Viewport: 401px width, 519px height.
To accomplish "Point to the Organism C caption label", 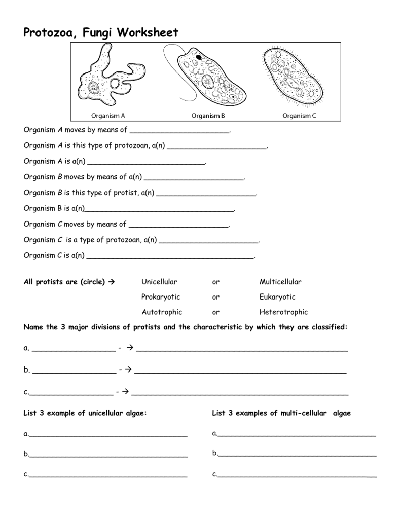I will (x=299, y=116).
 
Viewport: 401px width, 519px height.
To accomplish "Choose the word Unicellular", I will (x=159, y=282).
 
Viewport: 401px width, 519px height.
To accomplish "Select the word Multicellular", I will (x=280, y=282).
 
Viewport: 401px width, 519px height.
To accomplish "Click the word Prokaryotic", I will (x=161, y=297).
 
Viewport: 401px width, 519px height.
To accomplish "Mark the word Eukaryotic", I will (x=277, y=297).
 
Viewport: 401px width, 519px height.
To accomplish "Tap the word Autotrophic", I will (x=162, y=312).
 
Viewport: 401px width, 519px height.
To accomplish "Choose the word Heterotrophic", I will (x=283, y=312).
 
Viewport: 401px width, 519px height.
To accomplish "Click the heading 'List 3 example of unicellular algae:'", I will (x=85, y=413).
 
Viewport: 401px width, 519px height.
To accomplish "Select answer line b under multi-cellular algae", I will (x=297, y=455).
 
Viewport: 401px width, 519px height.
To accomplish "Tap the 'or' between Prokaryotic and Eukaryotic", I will (x=216, y=297).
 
